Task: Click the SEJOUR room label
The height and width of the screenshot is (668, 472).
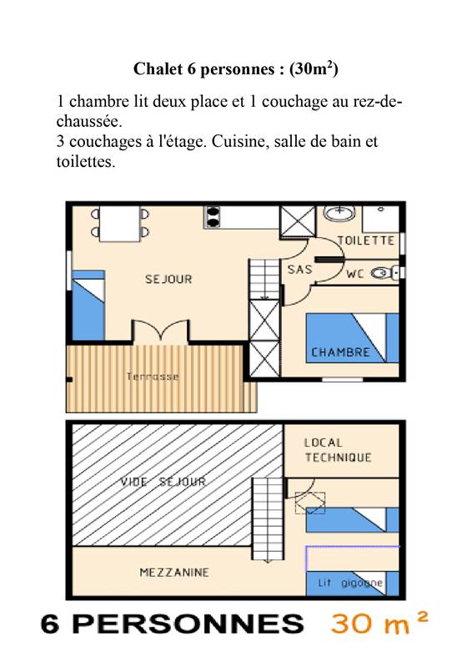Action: pyautogui.click(x=168, y=279)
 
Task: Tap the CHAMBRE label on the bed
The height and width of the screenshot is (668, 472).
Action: pyautogui.click(x=340, y=352)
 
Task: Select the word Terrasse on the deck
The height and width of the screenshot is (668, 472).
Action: pyautogui.click(x=153, y=377)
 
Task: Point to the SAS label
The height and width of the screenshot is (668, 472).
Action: pyautogui.click(x=300, y=270)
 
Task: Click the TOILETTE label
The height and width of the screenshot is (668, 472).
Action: pyautogui.click(x=366, y=240)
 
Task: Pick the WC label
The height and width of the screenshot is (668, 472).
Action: pyautogui.click(x=355, y=273)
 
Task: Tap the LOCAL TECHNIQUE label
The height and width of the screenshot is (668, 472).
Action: pyautogui.click(x=338, y=450)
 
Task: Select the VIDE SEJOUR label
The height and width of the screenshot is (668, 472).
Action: pyautogui.click(x=163, y=482)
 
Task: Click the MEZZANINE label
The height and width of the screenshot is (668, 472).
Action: pyautogui.click(x=173, y=572)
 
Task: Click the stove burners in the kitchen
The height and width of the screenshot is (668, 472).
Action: pyautogui.click(x=213, y=217)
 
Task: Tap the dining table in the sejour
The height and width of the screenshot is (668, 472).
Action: pyautogui.click(x=120, y=220)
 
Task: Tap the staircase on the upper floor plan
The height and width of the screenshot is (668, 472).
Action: pyautogui.click(x=269, y=518)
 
